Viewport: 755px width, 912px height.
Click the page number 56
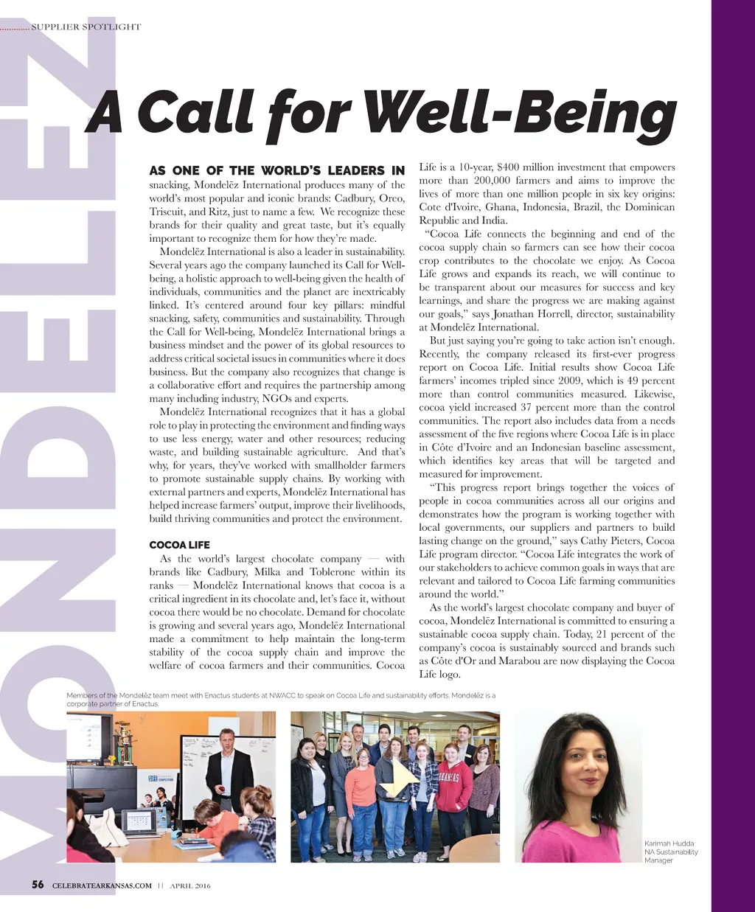pyautogui.click(x=38, y=885)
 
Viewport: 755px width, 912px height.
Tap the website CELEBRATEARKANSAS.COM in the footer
pyautogui.click(x=102, y=885)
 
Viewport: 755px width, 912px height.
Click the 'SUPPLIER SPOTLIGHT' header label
pyautogui.click(x=86, y=27)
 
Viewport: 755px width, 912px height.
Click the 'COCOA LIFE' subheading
pyautogui.click(x=179, y=545)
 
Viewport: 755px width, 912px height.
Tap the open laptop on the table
pyautogui.click(x=139, y=821)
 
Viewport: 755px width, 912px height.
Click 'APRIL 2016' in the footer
pyautogui.click(x=190, y=885)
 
